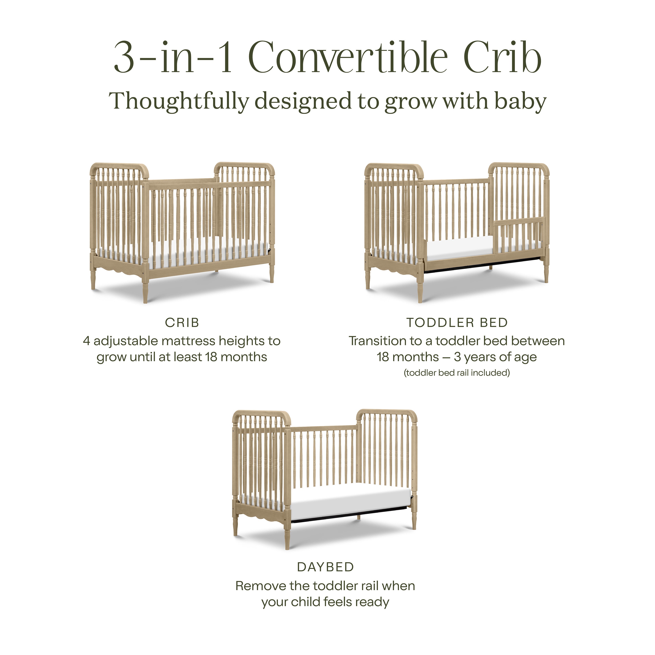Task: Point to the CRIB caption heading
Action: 182,323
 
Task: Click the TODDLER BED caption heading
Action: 457,323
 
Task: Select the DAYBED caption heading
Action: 325,567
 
